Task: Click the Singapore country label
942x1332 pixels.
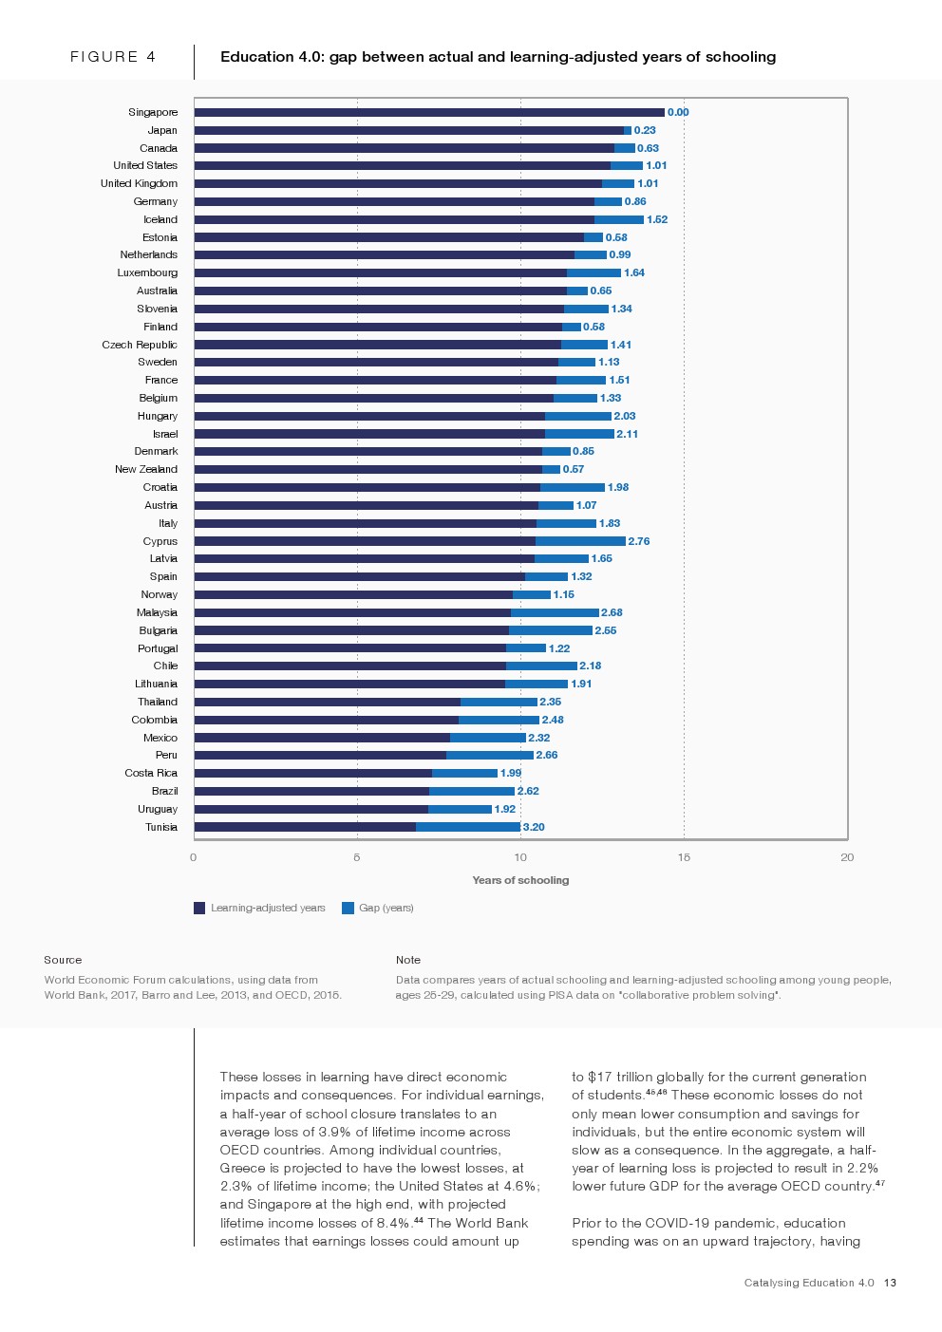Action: point(153,112)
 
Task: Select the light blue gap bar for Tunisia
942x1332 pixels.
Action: point(467,827)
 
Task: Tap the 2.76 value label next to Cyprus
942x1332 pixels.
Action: point(639,541)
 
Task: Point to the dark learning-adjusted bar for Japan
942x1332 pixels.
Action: point(408,130)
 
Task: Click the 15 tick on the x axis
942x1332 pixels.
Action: point(684,857)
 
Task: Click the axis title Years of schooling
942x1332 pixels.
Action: point(520,880)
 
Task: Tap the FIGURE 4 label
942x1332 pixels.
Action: point(113,57)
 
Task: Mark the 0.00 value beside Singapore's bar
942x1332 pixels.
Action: point(678,112)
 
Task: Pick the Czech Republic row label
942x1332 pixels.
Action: point(140,345)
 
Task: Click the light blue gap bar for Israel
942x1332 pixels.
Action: point(579,434)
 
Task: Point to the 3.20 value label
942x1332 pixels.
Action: point(534,827)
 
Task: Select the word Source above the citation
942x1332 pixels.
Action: point(63,960)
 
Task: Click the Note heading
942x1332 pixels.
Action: point(408,960)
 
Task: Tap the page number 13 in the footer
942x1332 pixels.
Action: point(890,1283)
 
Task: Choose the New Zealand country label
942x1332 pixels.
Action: point(146,469)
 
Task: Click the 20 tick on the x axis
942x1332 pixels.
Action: point(847,857)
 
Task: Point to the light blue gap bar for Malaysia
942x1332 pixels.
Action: point(555,612)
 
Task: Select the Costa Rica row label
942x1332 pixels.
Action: point(151,773)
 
